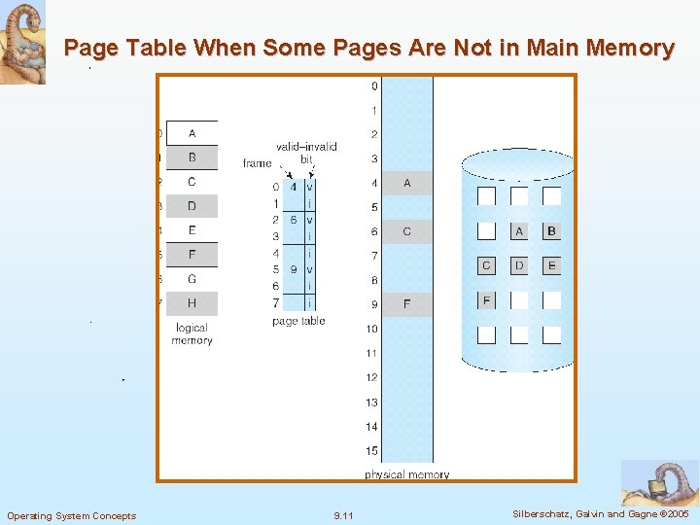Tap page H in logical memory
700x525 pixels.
tap(192, 303)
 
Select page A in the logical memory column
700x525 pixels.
tap(192, 133)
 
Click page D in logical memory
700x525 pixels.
tap(192, 206)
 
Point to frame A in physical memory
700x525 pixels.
tap(406, 183)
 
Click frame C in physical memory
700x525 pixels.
tap(406, 231)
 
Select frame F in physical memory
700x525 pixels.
tap(406, 304)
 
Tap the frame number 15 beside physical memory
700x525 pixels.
tap(371, 451)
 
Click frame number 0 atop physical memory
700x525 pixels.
tap(374, 87)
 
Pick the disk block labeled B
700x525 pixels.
tap(551, 231)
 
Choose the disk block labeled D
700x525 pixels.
tap(519, 265)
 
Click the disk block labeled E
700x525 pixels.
tap(551, 265)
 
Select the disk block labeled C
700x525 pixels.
tap(487, 265)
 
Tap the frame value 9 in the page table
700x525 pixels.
tap(294, 269)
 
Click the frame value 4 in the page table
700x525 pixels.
tap(294, 187)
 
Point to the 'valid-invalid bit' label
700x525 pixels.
tap(306, 153)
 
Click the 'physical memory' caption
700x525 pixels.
tap(406, 474)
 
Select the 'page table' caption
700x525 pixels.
tap(298, 321)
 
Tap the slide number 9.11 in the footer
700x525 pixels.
tap(343, 515)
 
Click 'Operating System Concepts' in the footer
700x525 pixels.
tap(71, 515)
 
